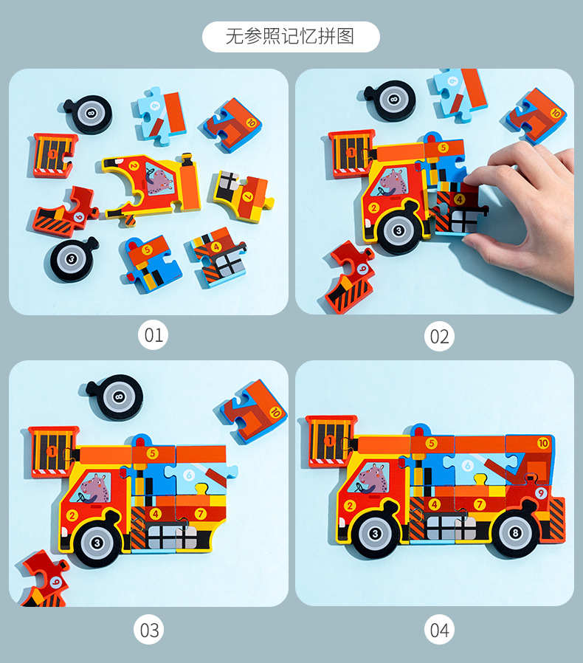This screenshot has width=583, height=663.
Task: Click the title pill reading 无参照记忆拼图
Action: [291, 37]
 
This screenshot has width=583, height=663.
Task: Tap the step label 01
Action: [153, 335]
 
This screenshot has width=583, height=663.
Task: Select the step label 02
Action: [439, 337]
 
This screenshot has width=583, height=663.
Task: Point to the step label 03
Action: [149, 630]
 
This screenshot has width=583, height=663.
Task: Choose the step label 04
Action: [439, 630]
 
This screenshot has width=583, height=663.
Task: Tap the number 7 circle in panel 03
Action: [200, 514]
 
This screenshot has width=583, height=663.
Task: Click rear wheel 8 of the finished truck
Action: [514, 533]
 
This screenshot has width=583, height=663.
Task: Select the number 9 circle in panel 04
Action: [540, 493]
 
